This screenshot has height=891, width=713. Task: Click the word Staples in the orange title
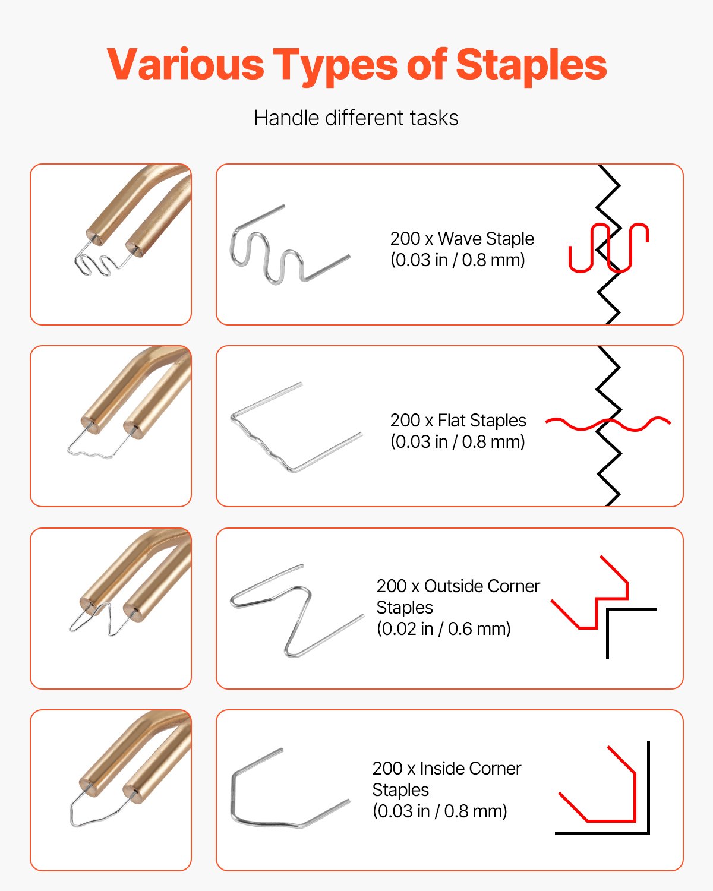coord(531,64)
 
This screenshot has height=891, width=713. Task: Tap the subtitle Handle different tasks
coord(356,118)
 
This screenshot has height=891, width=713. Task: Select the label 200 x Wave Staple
coord(462,239)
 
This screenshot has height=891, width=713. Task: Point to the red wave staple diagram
coord(607,248)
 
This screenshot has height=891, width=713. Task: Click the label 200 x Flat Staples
coord(458,421)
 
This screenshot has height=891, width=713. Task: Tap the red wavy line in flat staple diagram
coord(607,424)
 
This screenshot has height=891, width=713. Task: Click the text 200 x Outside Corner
coord(458,586)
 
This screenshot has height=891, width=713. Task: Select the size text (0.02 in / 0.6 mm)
coord(443,629)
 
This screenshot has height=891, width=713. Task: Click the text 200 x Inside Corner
coord(446,769)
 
